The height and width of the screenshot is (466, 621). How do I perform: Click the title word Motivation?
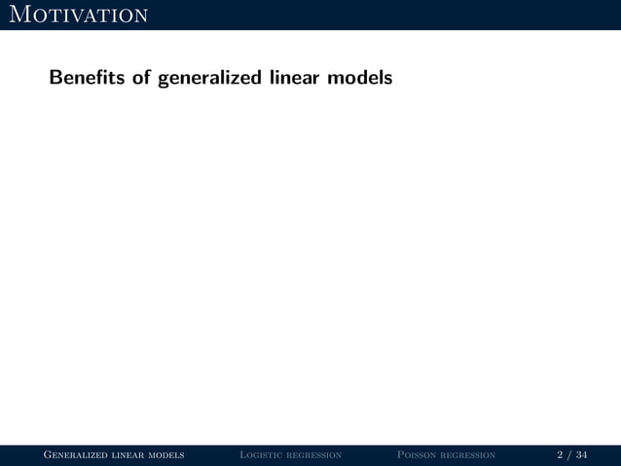coord(76,15)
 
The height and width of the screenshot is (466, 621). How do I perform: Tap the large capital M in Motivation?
coord(15,15)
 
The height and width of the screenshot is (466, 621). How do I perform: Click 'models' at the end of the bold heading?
coord(359,77)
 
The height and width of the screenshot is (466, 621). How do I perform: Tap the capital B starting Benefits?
coord(55,77)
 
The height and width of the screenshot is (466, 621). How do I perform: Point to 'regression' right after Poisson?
coord(469,454)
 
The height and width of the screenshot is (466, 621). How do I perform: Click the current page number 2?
coord(560,454)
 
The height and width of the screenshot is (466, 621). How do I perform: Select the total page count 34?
coord(581,454)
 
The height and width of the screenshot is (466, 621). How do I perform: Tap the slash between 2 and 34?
coord(569,454)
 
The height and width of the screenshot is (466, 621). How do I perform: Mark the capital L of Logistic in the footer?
coord(242,454)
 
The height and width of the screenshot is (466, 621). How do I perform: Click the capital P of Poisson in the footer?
coord(401,454)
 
